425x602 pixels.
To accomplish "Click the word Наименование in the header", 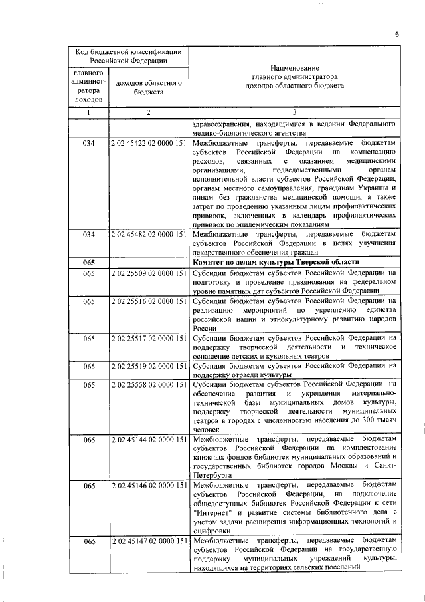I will click(x=294, y=68).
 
